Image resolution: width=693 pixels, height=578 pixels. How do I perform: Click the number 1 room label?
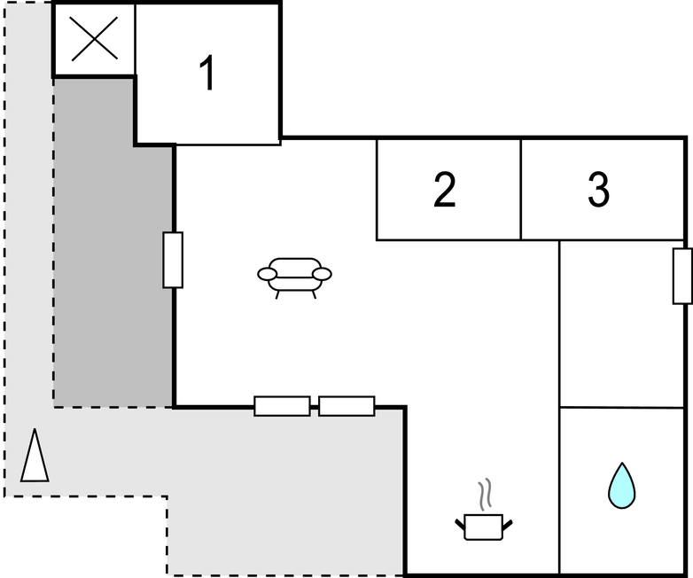(207, 74)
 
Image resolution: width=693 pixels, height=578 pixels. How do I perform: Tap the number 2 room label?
(445, 190)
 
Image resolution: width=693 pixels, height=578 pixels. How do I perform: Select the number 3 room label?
(599, 190)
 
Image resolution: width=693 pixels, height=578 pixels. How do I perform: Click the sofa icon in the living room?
(294, 275)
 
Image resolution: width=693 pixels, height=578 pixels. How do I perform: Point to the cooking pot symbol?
(483, 525)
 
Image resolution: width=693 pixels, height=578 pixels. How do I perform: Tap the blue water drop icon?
(622, 486)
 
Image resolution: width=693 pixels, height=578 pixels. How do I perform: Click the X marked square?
(94, 39)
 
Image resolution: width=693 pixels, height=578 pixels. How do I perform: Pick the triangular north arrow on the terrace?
(35, 456)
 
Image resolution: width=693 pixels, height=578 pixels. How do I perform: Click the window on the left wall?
(173, 260)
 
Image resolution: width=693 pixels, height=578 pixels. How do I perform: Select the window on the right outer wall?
(682, 276)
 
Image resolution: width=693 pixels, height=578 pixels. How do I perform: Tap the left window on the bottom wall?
(282, 406)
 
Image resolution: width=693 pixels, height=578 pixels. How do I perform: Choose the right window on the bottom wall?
(346, 406)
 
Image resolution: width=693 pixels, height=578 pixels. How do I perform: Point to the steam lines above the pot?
(484, 492)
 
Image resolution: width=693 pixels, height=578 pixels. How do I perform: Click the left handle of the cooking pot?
(460, 527)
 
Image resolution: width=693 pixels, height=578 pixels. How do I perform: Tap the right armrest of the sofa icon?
(323, 274)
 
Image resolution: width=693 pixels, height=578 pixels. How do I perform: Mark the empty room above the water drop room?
(622, 324)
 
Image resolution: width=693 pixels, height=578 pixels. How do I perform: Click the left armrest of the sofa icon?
(267, 275)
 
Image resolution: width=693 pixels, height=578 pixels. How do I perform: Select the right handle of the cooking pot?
(508, 527)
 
